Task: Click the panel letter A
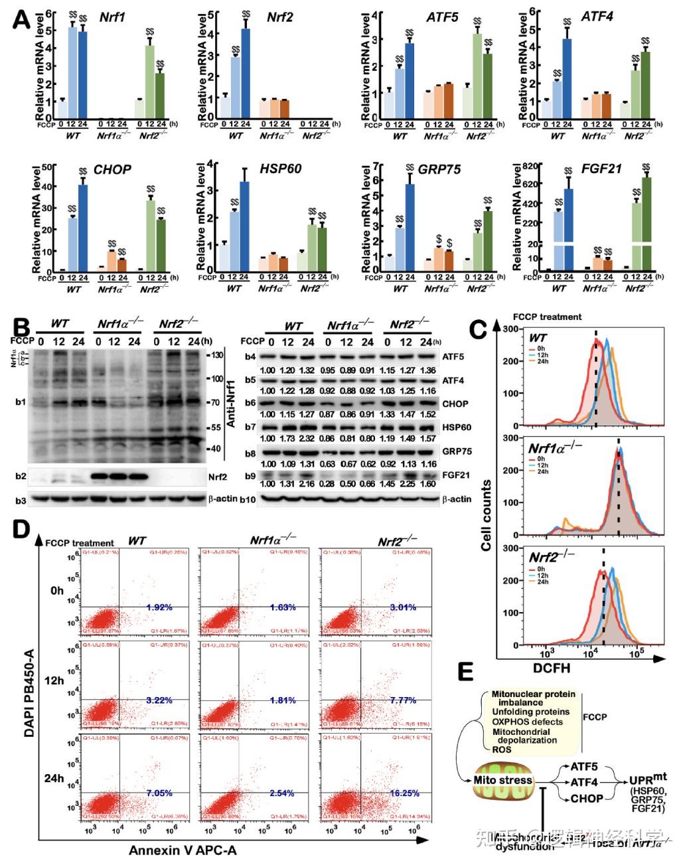pyautogui.click(x=21, y=18)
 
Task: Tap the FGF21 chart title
pyautogui.click(x=601, y=169)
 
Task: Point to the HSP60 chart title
pyautogui.click(x=280, y=169)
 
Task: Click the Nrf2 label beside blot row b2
pyautogui.click(x=218, y=476)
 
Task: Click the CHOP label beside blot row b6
pyautogui.click(x=455, y=404)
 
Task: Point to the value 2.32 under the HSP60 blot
pyautogui.click(x=308, y=439)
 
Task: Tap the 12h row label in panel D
pyautogui.click(x=54, y=680)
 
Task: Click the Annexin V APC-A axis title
pyautogui.click(x=183, y=850)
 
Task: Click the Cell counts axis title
pyautogui.click(x=487, y=514)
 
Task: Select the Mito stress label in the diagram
pyautogui.click(x=503, y=780)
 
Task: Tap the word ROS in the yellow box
pyautogui.click(x=501, y=749)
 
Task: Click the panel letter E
pyautogui.click(x=467, y=672)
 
